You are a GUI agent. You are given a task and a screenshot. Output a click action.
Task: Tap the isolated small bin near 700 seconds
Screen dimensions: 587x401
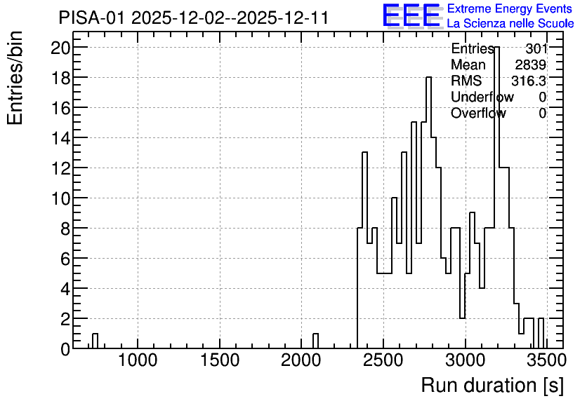pos(95,341)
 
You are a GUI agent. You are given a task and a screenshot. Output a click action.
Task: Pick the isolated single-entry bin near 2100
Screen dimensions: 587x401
pos(315,341)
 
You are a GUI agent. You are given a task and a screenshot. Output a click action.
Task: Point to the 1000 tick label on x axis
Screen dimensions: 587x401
pos(138,360)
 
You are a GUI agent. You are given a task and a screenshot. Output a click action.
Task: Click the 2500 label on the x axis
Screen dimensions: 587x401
pos(383,360)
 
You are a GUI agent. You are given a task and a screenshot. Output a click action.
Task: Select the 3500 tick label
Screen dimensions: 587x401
pos(546,360)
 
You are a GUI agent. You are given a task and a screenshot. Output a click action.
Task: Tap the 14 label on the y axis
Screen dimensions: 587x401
pos(60,138)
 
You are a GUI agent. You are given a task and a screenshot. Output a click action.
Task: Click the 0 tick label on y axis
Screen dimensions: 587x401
pos(65,349)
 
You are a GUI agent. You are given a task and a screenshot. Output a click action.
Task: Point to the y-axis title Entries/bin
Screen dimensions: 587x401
pos(15,78)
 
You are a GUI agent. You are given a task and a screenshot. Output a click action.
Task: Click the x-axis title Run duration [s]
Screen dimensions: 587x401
pos(492,386)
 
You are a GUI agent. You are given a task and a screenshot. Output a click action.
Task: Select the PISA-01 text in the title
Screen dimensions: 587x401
pos(91,18)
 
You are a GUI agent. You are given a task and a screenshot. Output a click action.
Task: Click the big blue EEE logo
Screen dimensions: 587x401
pos(412,15)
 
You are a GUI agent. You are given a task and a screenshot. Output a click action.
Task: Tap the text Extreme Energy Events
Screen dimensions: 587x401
pos(510,8)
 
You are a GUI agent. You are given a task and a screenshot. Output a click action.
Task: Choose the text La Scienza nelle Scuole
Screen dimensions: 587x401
pos(510,24)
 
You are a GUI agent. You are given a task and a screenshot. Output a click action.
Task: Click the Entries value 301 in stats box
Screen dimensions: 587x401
pos(536,48)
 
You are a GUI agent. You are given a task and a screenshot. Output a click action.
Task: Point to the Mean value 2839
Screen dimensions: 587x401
pos(531,64)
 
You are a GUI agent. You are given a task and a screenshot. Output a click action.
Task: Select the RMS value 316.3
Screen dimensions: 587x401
pos(529,81)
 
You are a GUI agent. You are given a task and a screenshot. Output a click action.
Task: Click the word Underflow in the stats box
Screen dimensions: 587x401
pos(482,97)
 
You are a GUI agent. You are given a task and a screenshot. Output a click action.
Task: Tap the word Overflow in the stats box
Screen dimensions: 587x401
pos(478,113)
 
